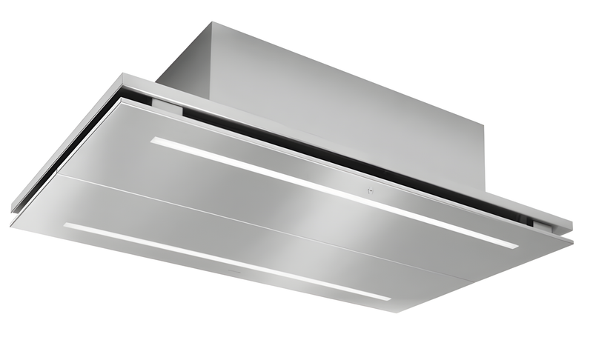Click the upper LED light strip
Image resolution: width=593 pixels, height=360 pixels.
click(334, 192)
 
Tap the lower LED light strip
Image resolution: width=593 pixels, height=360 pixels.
click(226, 261)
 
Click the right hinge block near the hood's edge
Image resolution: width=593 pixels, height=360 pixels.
click(540, 224)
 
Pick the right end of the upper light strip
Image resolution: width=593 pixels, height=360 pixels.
click(517, 245)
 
